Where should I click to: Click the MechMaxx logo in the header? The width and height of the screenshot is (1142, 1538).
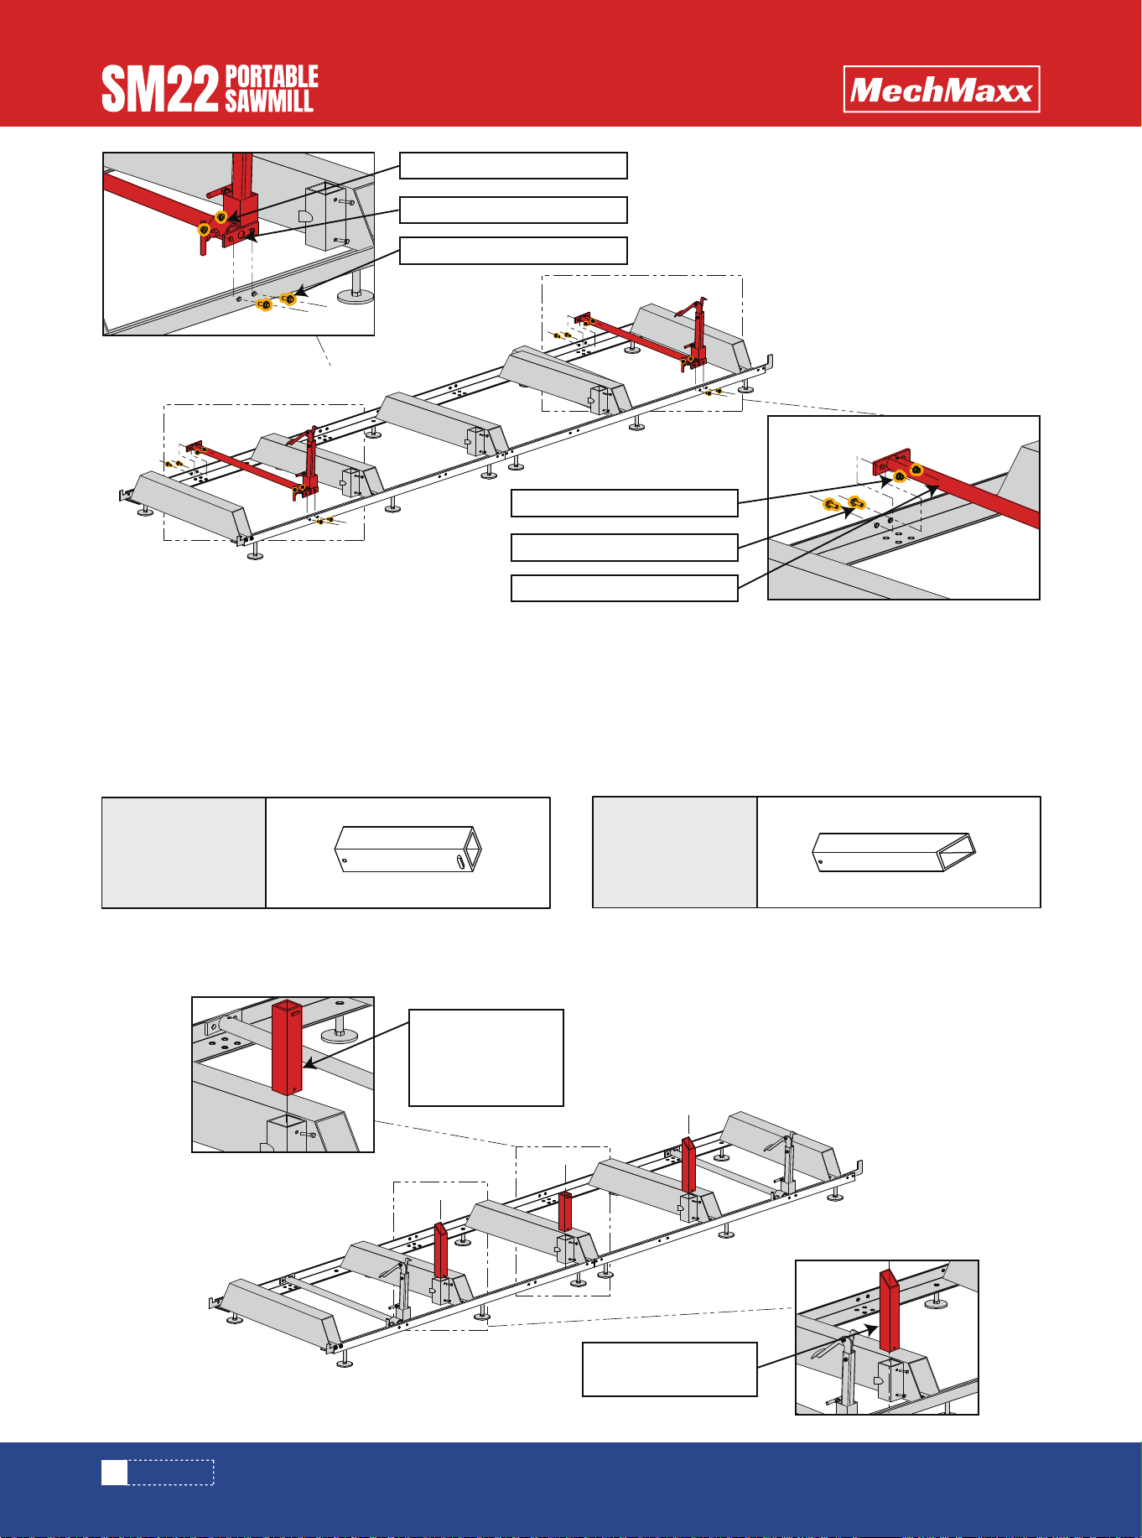[942, 89]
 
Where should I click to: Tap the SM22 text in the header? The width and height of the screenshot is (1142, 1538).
[160, 91]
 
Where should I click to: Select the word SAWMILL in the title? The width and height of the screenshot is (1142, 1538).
[268, 101]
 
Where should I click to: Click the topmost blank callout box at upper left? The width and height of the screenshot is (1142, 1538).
[513, 166]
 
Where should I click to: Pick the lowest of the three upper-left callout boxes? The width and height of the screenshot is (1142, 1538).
[513, 251]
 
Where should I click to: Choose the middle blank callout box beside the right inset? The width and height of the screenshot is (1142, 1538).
[625, 548]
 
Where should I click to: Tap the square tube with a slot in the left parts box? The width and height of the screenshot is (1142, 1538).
[408, 850]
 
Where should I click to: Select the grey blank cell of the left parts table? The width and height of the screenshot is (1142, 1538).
[184, 853]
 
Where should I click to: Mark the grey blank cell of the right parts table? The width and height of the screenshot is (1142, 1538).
[675, 853]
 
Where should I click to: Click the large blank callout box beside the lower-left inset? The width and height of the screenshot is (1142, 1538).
[486, 1058]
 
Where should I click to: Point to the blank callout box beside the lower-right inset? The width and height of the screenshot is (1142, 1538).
[670, 1369]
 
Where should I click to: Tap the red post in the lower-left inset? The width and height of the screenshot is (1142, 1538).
[286, 1047]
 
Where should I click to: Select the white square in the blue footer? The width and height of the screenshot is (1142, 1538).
[115, 1473]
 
